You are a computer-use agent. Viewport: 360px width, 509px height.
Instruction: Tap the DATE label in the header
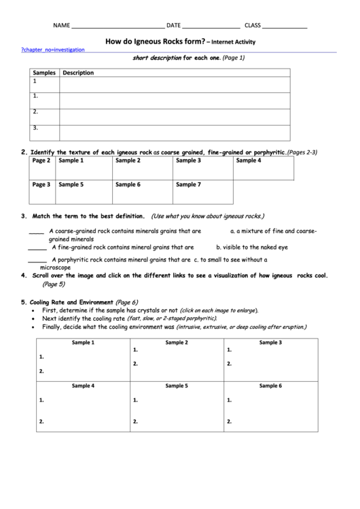tap(173, 26)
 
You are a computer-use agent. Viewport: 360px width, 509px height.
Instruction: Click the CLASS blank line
tap(284, 27)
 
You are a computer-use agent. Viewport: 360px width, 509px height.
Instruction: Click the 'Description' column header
tap(77, 73)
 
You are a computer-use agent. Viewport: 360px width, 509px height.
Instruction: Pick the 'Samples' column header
tap(44, 73)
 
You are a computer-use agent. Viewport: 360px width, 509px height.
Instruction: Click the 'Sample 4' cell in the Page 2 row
tap(249, 161)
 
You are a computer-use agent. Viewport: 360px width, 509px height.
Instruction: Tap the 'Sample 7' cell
tap(188, 184)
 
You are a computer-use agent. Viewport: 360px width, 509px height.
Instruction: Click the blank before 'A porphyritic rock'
tap(37, 260)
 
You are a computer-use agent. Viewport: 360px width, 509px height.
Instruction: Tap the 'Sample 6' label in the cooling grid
tap(270, 385)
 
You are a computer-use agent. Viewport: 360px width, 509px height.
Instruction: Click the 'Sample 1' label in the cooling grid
tap(83, 343)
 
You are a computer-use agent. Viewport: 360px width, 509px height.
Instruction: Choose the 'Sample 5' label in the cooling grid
tap(177, 385)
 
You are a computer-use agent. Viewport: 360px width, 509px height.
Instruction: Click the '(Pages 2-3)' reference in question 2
tap(302, 152)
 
